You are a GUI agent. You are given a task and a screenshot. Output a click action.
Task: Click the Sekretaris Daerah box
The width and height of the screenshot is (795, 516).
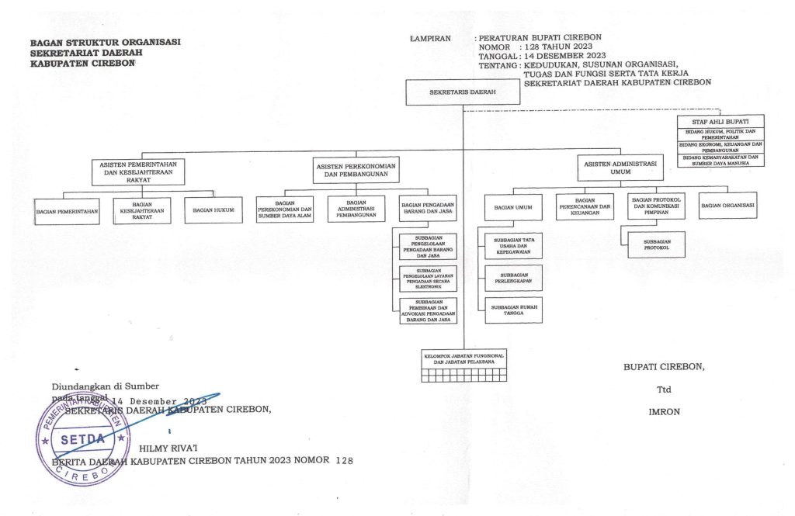pos(463,92)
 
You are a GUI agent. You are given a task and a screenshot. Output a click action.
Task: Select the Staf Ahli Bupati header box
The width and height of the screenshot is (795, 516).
pos(720,122)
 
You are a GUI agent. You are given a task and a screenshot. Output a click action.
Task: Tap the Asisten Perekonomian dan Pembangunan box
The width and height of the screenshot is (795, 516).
pos(356,171)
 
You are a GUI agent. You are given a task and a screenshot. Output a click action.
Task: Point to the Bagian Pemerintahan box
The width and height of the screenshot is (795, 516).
pos(67,210)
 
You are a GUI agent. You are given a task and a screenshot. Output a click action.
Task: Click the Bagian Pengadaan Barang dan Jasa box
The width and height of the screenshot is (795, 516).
pos(428,208)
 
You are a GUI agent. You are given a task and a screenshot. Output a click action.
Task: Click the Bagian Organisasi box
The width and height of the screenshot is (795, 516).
pos(728,206)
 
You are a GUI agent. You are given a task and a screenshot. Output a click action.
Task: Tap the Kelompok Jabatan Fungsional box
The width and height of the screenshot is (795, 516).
pos(463,358)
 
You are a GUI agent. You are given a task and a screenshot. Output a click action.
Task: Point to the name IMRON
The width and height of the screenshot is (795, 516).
pos(664,412)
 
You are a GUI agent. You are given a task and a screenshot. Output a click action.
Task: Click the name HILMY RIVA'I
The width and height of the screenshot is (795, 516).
pos(168,448)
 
